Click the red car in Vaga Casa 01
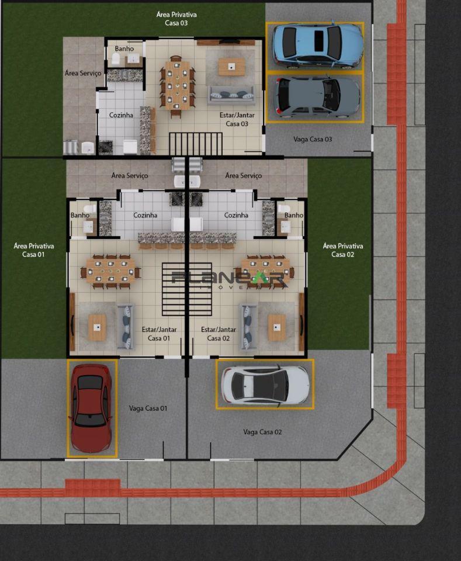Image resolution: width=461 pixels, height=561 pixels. [x=91, y=408]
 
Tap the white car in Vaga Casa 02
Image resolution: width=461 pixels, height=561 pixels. [x=265, y=384]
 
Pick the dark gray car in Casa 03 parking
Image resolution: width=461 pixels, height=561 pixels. [x=316, y=96]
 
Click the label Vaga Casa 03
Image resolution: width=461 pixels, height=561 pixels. [x=313, y=139]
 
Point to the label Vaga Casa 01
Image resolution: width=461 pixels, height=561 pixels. [x=148, y=408]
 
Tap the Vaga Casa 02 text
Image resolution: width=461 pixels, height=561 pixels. [x=262, y=432]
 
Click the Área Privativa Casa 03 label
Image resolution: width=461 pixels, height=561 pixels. [x=176, y=18]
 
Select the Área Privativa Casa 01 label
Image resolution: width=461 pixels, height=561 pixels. [x=33, y=250]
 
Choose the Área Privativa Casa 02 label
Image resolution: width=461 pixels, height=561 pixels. [x=342, y=250]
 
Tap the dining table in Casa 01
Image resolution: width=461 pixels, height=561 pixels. [x=110, y=271]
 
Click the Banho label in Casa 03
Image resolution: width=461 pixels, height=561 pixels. [x=124, y=49]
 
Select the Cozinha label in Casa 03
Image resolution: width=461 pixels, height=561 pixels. [x=121, y=115]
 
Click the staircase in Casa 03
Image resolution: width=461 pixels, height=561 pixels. [x=196, y=143]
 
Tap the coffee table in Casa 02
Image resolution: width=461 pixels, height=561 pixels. [x=276, y=327]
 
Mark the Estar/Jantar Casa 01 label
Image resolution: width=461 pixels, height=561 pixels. [x=159, y=334]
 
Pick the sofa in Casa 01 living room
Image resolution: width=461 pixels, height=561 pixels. [x=125, y=326]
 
